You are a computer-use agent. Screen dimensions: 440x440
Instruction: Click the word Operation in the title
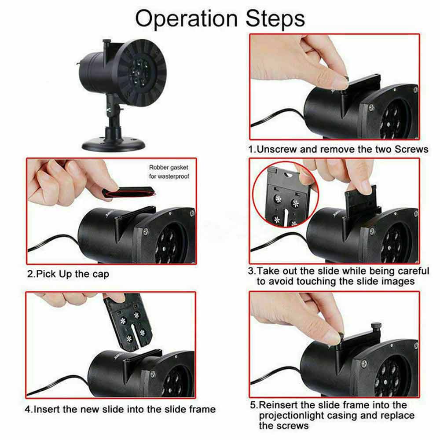click(186, 19)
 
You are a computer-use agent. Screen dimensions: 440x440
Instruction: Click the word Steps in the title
click(275, 18)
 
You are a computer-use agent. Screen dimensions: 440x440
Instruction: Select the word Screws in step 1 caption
click(411, 149)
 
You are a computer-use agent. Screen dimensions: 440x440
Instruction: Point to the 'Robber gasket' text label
click(169, 167)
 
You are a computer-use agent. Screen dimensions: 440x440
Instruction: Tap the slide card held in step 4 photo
click(128, 321)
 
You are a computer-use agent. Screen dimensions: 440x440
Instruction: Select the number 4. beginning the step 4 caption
click(29, 409)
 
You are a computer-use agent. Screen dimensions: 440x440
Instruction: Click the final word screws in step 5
click(283, 426)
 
